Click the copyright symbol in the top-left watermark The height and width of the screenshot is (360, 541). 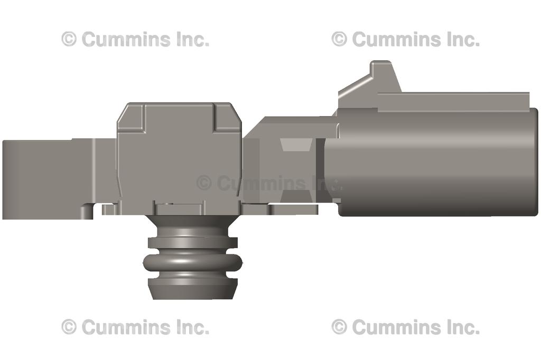pos(69,39)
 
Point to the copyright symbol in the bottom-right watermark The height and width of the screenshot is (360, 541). pos(339,327)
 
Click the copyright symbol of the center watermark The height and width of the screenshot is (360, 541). pos(204,183)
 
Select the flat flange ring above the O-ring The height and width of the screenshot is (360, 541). pos(192,242)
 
